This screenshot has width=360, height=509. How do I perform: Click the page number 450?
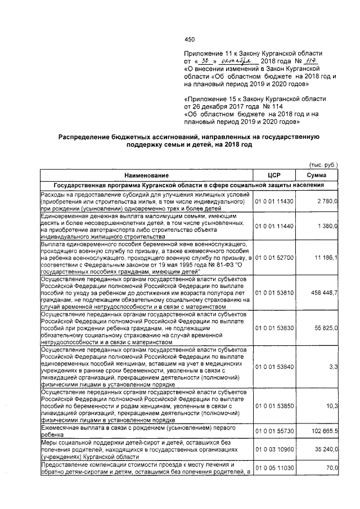pyautogui.click(x=190, y=39)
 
